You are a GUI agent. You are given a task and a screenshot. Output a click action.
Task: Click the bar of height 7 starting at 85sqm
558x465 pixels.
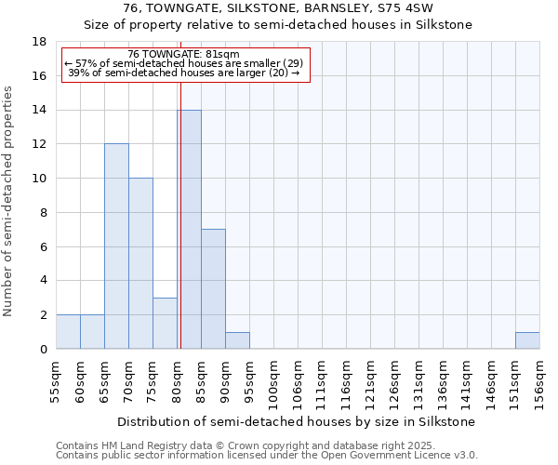pyautogui.click(x=213, y=289)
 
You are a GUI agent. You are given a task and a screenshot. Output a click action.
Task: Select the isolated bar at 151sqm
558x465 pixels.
pyautogui.click(x=527, y=340)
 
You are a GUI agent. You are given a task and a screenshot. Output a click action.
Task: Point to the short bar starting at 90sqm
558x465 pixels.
pyautogui.click(x=237, y=340)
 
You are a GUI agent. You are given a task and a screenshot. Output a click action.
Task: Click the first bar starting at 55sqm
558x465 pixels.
pyautogui.click(x=68, y=332)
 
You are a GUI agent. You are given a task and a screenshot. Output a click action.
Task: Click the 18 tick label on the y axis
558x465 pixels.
pyautogui.click(x=40, y=42)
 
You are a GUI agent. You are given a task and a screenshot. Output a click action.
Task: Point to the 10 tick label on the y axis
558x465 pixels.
pyautogui.click(x=40, y=179)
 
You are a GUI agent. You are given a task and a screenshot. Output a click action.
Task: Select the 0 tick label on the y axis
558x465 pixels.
pyautogui.click(x=44, y=350)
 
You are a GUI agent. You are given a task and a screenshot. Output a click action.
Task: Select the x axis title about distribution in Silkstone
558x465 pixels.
pyautogui.click(x=298, y=421)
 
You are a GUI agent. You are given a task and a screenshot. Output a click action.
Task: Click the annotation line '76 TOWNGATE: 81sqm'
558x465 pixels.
pyautogui.click(x=184, y=54)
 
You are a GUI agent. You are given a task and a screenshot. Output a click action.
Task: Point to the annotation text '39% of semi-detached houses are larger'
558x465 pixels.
pyautogui.click(x=184, y=73)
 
